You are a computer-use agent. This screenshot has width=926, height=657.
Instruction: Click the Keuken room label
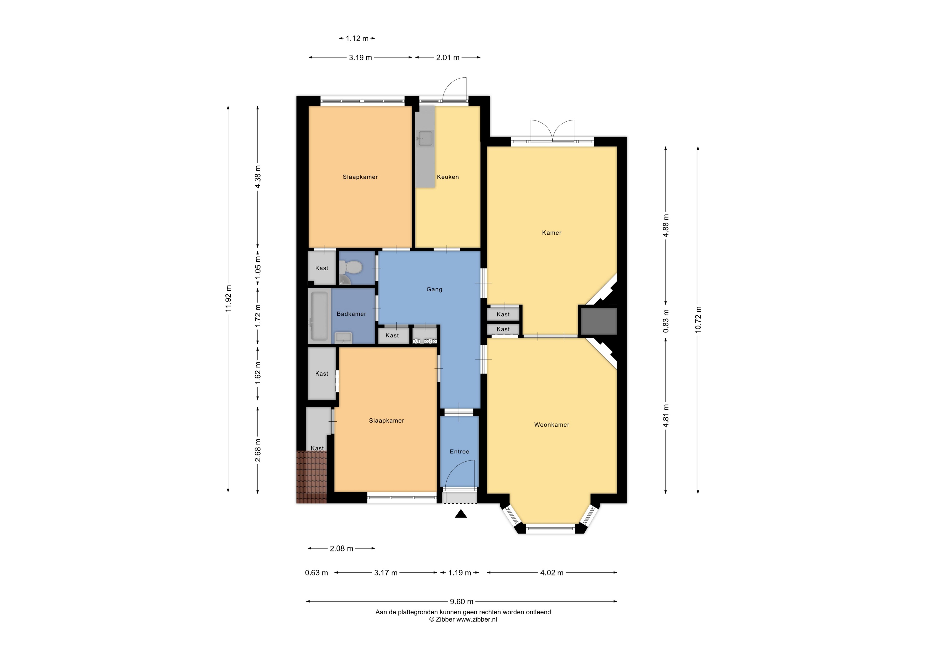tap(448, 177)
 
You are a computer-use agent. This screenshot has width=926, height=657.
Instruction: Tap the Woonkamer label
tap(552, 425)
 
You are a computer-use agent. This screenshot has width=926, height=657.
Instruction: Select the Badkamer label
tap(351, 314)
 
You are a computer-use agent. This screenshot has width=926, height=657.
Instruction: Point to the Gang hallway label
tap(434, 289)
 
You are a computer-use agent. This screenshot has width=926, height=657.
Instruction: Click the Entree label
tap(459, 451)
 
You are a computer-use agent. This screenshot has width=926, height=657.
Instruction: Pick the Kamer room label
tap(552, 233)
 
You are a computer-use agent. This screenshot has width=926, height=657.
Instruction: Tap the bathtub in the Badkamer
tap(319, 316)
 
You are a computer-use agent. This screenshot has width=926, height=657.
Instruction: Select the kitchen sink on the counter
tap(425, 138)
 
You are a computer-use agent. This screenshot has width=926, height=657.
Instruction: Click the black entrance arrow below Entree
tap(461, 514)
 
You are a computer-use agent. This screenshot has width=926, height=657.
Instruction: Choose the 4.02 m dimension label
tap(552, 573)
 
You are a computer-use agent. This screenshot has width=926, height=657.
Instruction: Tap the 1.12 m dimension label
tap(357, 38)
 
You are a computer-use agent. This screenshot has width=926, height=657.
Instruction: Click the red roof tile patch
tap(311, 477)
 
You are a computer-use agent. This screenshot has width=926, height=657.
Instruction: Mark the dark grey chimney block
tap(599, 321)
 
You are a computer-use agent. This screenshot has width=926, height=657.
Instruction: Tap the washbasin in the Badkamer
tap(344, 337)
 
